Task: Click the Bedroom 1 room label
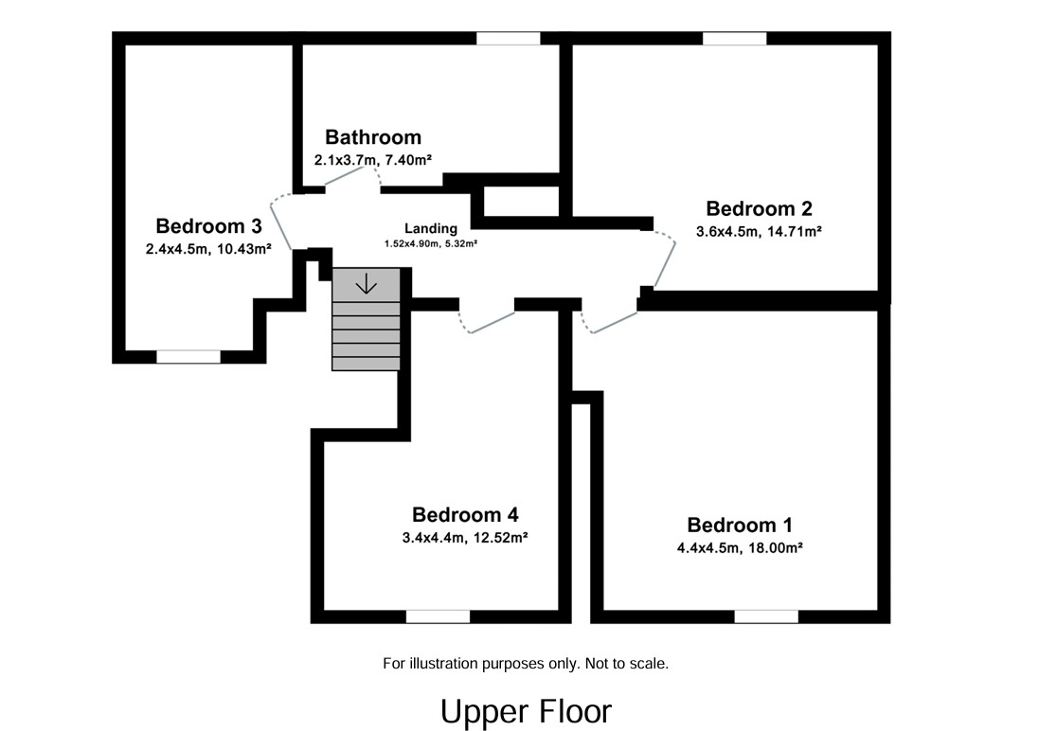[x=740, y=526]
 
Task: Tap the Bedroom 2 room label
[x=759, y=209]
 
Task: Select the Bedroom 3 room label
[x=208, y=226]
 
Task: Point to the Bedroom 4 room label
[x=464, y=515]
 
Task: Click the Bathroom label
[x=373, y=137]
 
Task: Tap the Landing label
[x=431, y=228]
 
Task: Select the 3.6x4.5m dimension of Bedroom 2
[x=727, y=231]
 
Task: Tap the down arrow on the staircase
[x=366, y=282]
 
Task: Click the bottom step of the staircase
[x=366, y=363]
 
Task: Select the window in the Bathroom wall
[x=508, y=39]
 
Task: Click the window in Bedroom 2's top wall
[x=734, y=39]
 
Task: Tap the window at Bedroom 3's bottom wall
[x=188, y=357]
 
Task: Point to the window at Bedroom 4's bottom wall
[x=438, y=616]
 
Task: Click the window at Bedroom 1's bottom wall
[x=765, y=616]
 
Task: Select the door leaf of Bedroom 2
[x=666, y=266]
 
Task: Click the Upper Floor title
[x=526, y=711]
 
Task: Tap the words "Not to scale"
[x=626, y=664]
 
